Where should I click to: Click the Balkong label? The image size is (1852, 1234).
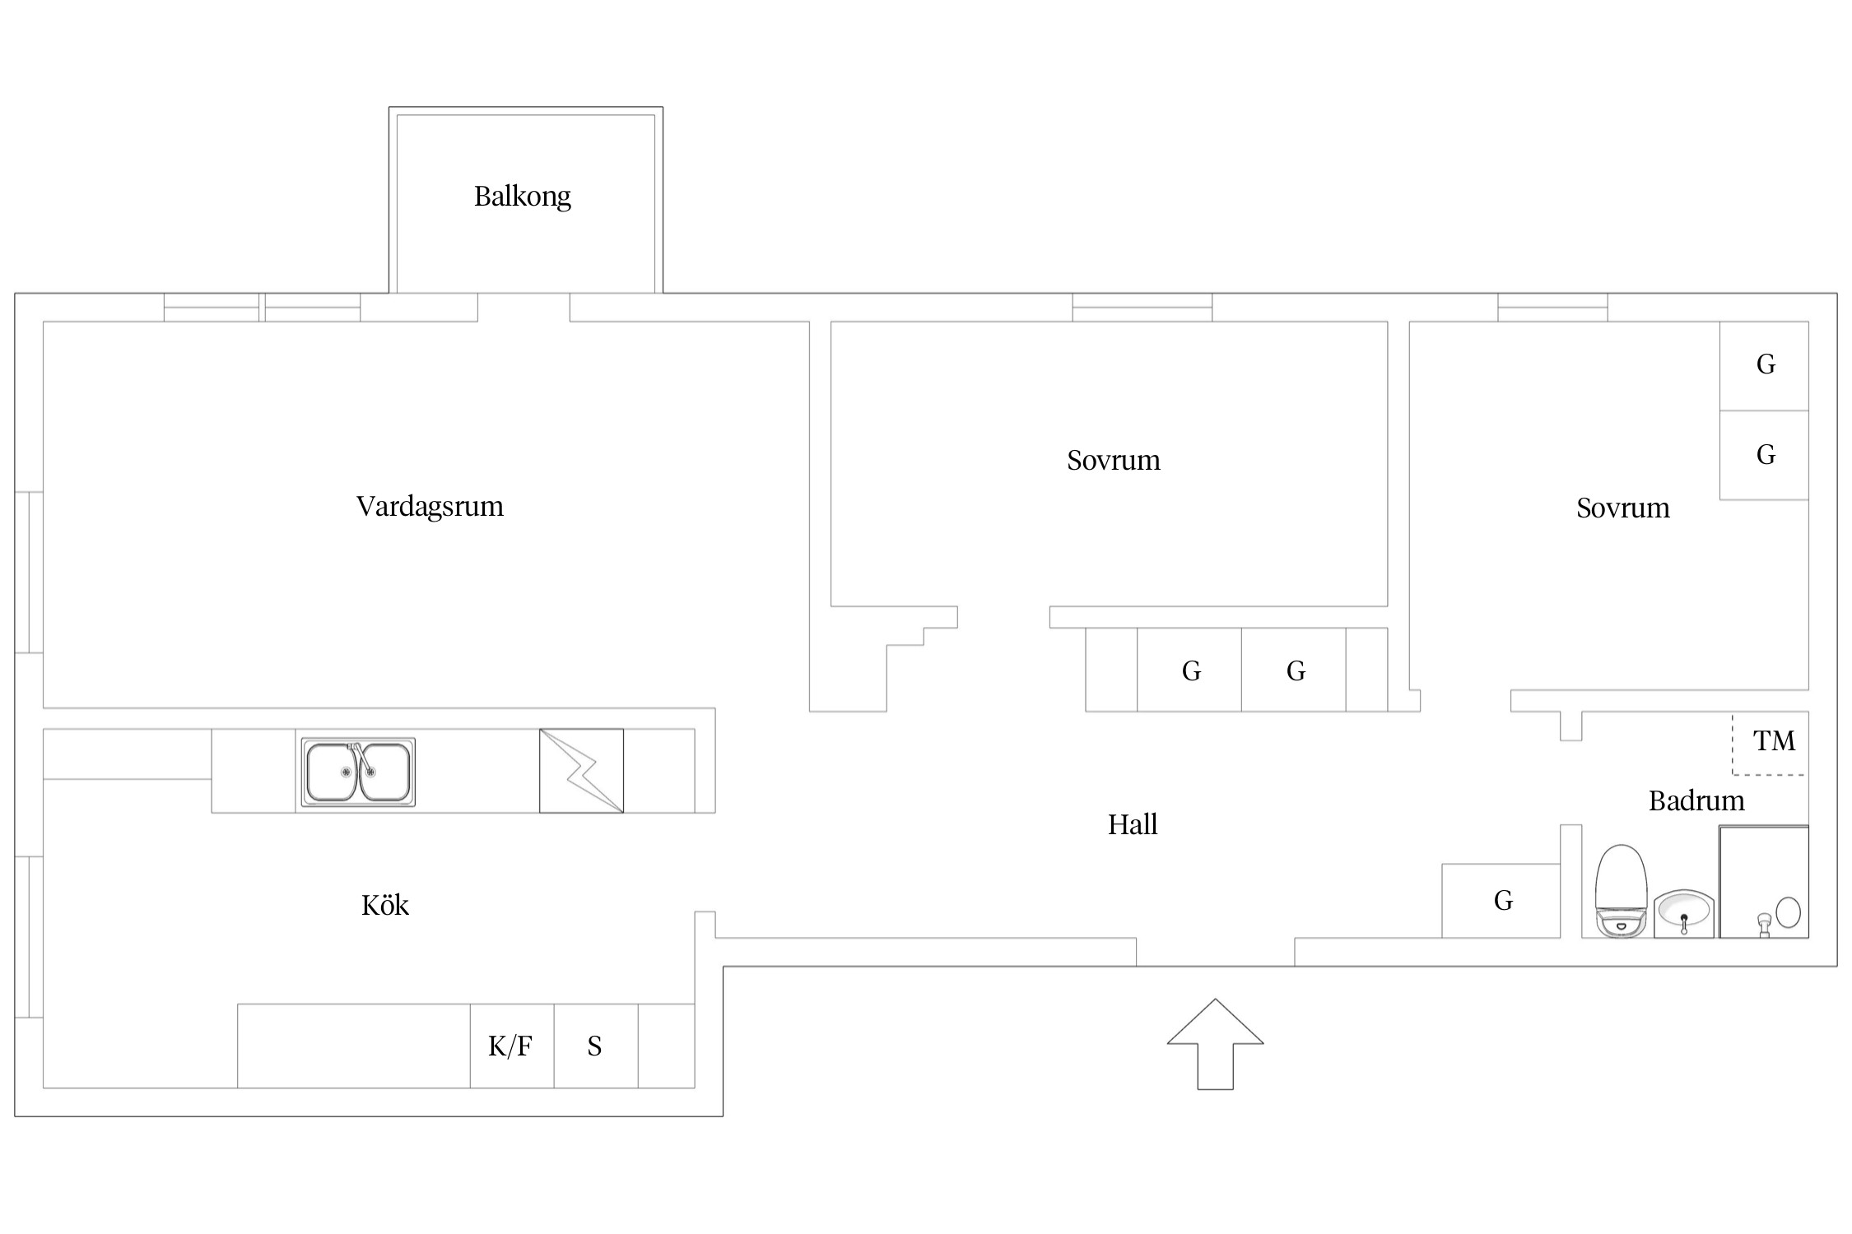click(x=522, y=197)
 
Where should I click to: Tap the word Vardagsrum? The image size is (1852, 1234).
click(x=430, y=506)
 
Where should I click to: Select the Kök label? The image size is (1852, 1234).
click(x=384, y=905)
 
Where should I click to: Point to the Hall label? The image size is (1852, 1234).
click(x=1133, y=824)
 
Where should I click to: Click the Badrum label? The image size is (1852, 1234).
click(x=1696, y=800)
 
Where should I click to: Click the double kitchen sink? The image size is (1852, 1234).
click(x=358, y=772)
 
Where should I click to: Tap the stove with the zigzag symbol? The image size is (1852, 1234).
click(x=581, y=771)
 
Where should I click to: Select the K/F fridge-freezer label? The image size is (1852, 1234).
click(x=510, y=1046)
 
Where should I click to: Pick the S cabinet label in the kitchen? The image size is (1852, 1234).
click(x=594, y=1046)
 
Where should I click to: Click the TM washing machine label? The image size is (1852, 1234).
click(x=1774, y=741)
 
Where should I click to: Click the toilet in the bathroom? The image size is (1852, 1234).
click(x=1621, y=891)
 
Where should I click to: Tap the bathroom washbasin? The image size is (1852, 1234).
click(x=1684, y=913)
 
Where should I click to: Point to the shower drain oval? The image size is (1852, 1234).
click(x=1788, y=912)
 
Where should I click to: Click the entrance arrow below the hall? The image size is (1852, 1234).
click(x=1215, y=1044)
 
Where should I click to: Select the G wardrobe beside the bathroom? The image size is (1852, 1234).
click(x=1503, y=901)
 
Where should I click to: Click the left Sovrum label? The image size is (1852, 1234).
click(x=1114, y=460)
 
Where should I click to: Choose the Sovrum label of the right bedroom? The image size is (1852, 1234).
click(x=1623, y=508)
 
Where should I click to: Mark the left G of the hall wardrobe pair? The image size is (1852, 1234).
click(x=1191, y=671)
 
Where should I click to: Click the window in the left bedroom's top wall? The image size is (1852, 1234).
click(x=1142, y=307)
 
